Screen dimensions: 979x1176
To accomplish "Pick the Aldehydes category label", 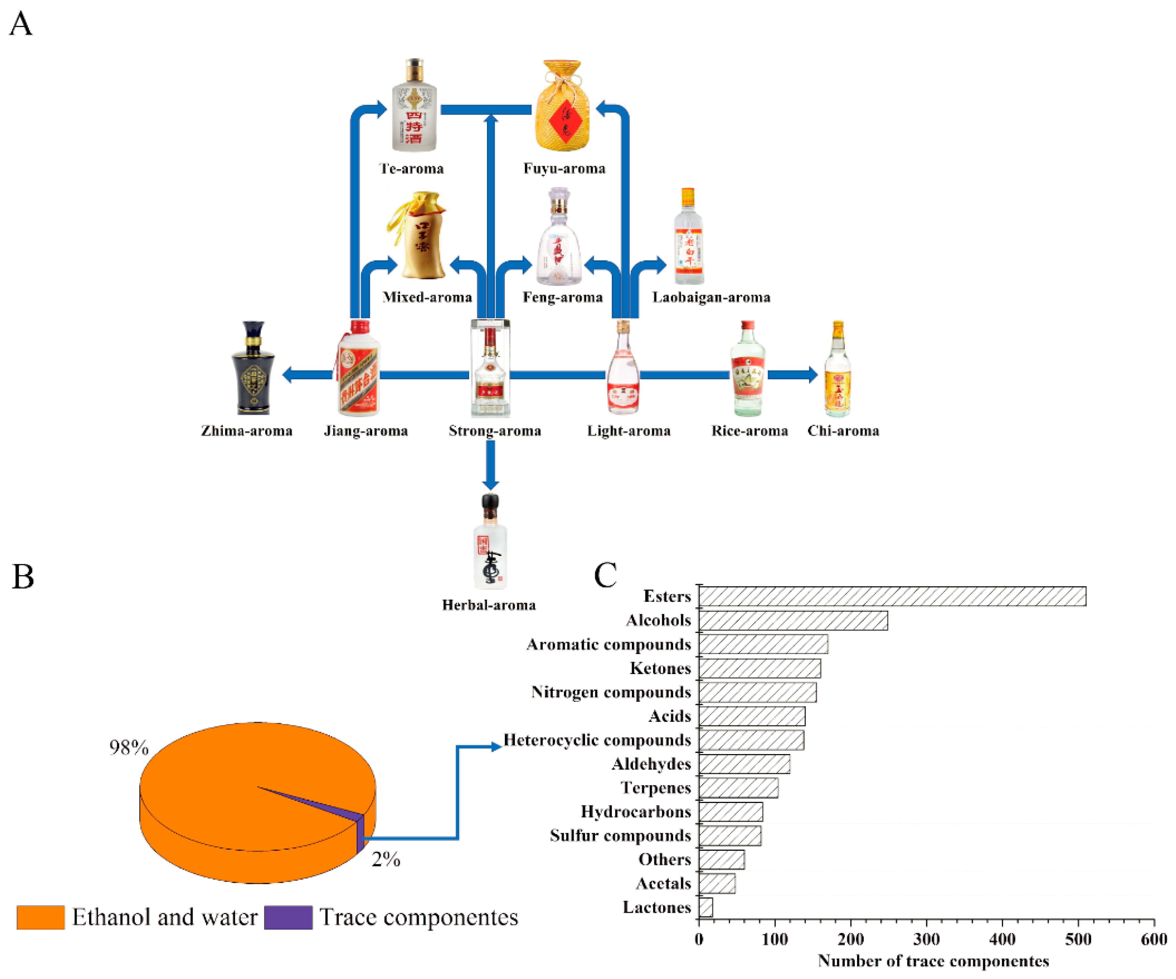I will coord(651,764).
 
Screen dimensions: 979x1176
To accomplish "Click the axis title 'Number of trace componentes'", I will coord(933,961).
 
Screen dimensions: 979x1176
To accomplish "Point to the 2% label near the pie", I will coord(386,859).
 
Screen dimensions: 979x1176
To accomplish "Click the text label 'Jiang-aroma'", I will coord(366,431).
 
